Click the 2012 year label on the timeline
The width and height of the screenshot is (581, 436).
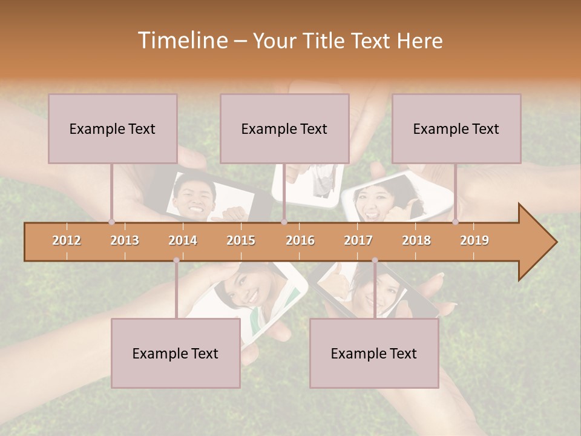pos(67,240)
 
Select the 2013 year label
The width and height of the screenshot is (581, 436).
pos(125,240)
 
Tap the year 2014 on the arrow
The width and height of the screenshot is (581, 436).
pos(183,240)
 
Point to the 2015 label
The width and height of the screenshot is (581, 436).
pos(241,240)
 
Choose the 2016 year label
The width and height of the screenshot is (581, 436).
pos(300,240)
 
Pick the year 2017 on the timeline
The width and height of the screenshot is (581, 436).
pos(358,240)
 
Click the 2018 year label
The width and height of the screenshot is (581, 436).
pos(416,240)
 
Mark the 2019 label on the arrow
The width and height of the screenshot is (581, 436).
pos(474,240)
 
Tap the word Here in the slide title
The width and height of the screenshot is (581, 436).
pos(419,41)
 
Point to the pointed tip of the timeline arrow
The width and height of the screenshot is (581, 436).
pos(556,242)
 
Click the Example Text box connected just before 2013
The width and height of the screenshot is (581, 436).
pos(113,128)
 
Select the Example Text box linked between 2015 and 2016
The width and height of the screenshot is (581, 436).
pos(284,128)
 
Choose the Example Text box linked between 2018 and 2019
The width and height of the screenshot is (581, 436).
pos(456,128)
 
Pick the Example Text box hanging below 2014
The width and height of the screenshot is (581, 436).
pos(176,353)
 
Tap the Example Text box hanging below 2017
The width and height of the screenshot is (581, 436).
pos(374,353)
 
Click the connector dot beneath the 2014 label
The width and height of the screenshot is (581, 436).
pos(176,260)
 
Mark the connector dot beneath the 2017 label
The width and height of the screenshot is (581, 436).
pos(375,260)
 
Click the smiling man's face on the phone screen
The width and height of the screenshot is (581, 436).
pos(194,197)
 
